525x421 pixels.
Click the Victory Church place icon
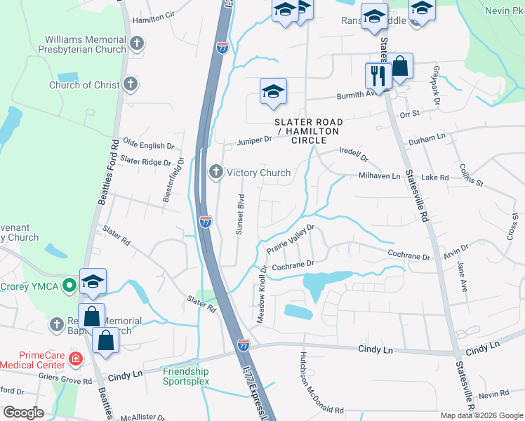(x=216, y=172)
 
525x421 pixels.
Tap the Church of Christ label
(x=84, y=85)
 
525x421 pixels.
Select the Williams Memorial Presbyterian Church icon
(x=137, y=44)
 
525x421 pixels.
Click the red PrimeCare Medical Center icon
(x=76, y=359)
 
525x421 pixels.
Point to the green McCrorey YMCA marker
(x=69, y=286)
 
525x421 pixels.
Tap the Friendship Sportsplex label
(x=186, y=376)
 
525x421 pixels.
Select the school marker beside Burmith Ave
(x=273, y=91)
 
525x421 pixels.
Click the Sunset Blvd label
(x=240, y=215)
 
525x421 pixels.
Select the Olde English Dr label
(x=147, y=146)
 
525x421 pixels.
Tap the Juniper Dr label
(x=253, y=140)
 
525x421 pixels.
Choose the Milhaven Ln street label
(x=379, y=176)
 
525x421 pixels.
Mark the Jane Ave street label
(x=461, y=273)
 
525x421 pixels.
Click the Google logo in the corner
(x=24, y=413)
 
